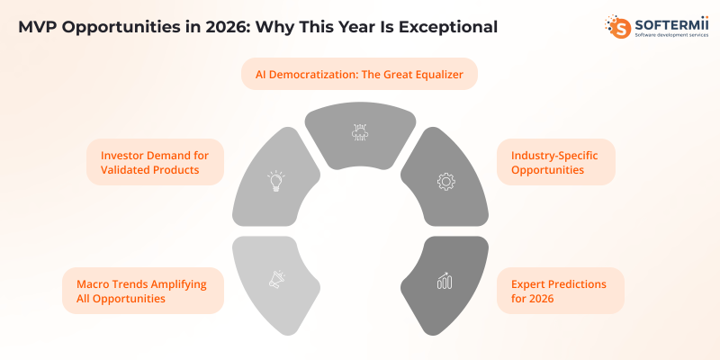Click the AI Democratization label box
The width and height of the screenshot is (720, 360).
359,75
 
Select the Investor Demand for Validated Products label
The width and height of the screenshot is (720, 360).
156,161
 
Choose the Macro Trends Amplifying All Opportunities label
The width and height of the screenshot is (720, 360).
142,291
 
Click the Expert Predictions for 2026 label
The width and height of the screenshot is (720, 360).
560,291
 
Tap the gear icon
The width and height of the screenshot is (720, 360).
445,181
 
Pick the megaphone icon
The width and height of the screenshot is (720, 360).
276,281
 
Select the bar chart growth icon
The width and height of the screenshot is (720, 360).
444,281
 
